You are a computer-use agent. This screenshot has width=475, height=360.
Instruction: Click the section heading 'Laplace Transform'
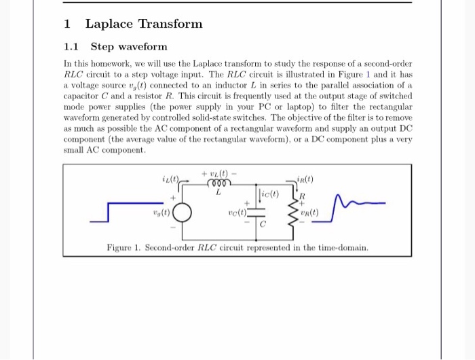pos(144,24)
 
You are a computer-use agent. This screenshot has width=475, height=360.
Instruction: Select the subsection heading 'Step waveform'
pos(128,47)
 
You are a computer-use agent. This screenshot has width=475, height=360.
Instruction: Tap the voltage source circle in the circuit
pos(183,211)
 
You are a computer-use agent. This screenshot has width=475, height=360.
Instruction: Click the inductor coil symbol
pos(220,183)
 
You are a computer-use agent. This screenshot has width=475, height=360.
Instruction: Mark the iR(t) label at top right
pos(305,179)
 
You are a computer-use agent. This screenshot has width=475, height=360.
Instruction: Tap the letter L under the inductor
pos(219,193)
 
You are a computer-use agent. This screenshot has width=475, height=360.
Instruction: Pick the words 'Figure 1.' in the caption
pos(123,247)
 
